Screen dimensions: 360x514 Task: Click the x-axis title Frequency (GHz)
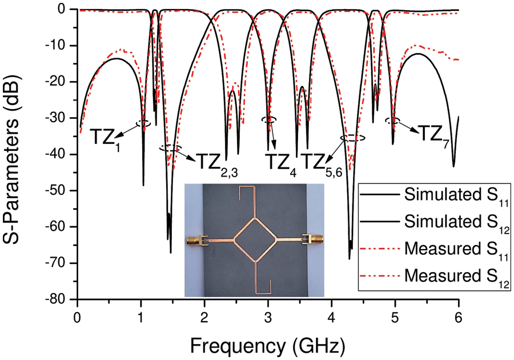[267, 345]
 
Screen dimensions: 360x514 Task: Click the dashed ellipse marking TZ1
[143, 123]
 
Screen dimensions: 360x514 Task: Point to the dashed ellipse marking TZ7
[392, 121]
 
